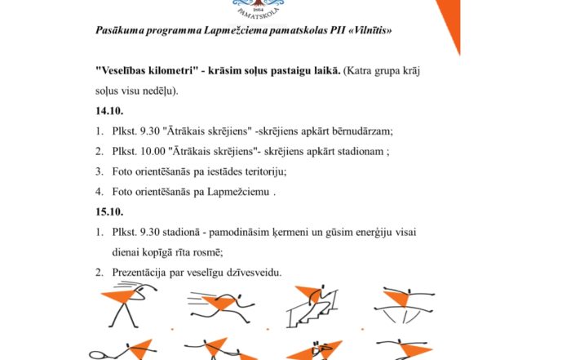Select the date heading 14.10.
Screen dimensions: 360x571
tap(108, 110)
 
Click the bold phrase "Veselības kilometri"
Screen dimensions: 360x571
tap(154, 71)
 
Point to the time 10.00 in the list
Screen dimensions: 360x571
tap(153, 151)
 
